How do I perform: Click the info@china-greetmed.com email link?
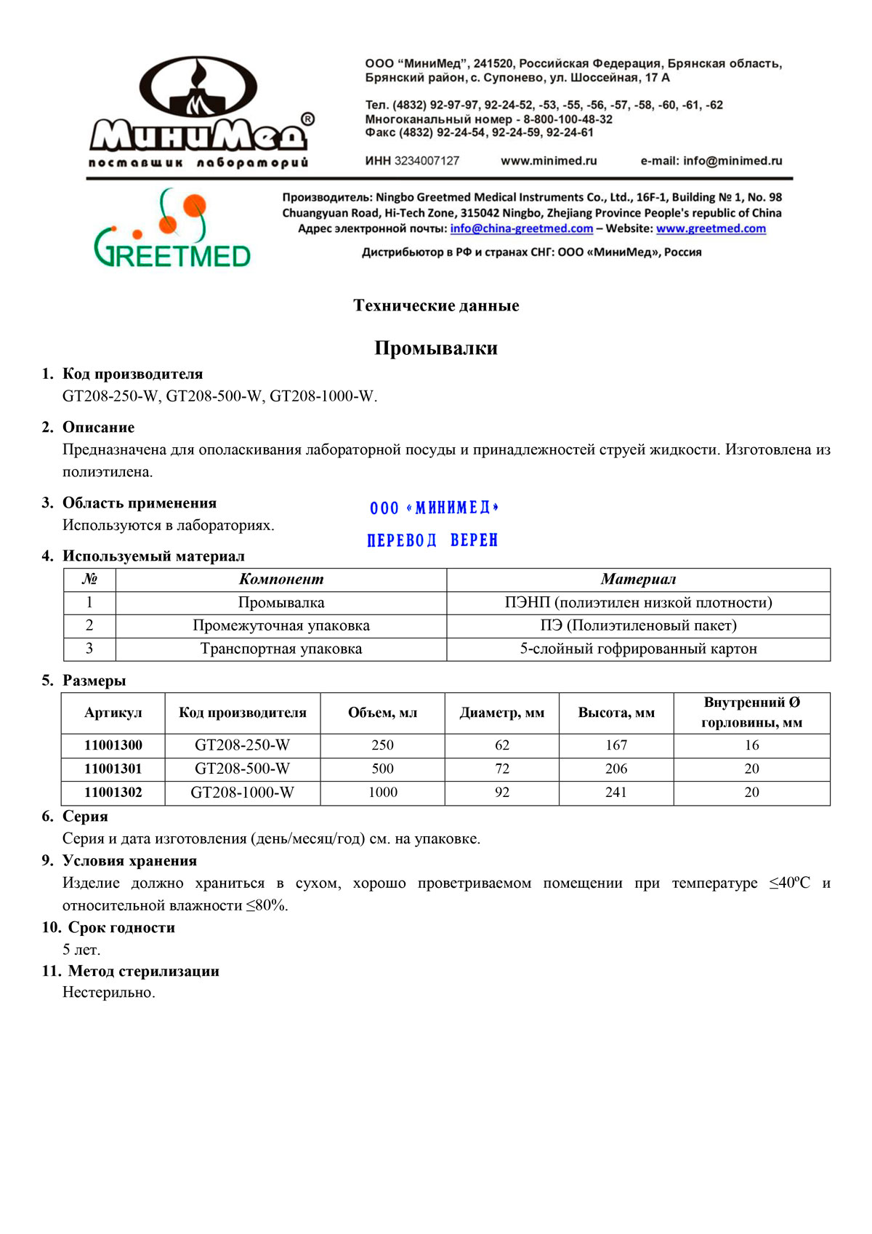521,228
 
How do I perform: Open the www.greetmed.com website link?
711,228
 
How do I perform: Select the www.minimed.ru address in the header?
549,161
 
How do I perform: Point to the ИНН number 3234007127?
427,161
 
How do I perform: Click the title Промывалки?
436,348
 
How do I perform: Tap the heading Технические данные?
436,305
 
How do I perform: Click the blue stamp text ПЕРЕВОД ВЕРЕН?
432,540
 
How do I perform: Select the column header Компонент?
280,580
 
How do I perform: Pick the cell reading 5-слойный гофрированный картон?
638,649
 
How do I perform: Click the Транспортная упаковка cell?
280,649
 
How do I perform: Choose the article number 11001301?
113,769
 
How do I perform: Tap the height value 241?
615,792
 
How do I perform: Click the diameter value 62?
502,745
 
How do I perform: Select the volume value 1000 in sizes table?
383,792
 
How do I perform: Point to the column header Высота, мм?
616,713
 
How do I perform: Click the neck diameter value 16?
751,745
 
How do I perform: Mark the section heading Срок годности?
121,927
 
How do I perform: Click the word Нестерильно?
109,993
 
